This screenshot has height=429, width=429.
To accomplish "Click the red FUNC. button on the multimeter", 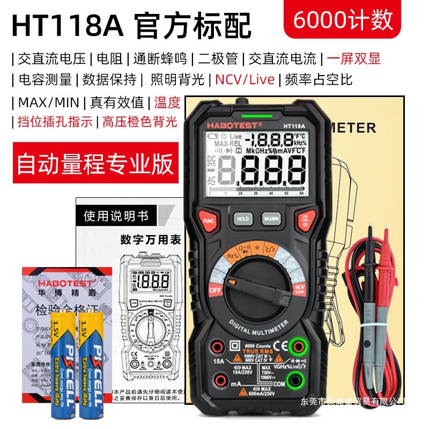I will click(x=209, y=219).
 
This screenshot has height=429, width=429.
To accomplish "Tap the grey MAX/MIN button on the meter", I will click(x=271, y=219).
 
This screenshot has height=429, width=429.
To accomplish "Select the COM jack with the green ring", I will click(x=293, y=382).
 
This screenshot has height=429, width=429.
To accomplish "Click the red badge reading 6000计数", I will click(x=343, y=20).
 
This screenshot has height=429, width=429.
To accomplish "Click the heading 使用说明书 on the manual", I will click(x=116, y=217).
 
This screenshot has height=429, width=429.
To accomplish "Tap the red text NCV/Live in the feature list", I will click(x=245, y=80).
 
